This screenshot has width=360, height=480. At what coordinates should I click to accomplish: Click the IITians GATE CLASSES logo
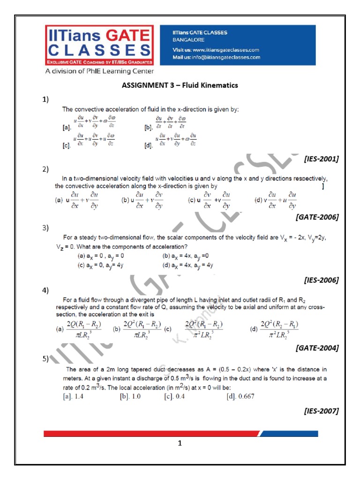[x=99, y=46]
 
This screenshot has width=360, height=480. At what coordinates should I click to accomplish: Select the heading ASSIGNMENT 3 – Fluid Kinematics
[x=180, y=85]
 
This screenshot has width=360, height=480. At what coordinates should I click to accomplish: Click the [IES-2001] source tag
[x=321, y=159]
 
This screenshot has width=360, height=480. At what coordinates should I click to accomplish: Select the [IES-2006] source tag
[x=321, y=280]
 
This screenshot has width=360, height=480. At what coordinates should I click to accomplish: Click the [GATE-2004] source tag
[x=317, y=348]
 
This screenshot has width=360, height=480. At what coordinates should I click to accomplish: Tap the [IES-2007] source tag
[x=321, y=411]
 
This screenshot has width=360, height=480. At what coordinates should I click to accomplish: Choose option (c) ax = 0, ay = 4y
[x=100, y=265]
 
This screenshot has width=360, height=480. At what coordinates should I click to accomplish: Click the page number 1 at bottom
[x=180, y=443]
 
